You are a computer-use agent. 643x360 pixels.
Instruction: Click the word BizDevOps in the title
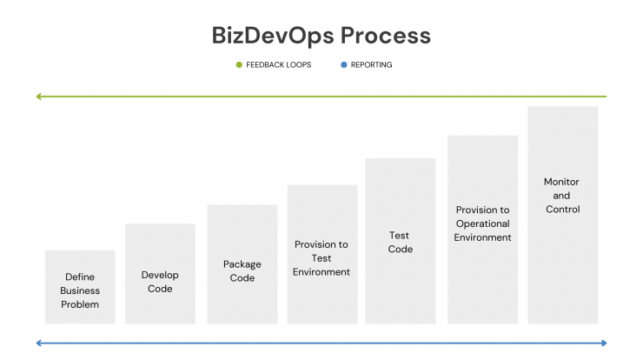point(273,37)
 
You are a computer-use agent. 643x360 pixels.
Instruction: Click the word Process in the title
point(386,36)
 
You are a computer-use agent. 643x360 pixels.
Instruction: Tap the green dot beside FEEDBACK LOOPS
point(239,65)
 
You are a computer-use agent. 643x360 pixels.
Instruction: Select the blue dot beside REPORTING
point(343,65)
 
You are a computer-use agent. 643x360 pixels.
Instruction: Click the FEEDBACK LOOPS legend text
point(278,65)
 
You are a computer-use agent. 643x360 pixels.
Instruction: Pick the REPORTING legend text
point(371,65)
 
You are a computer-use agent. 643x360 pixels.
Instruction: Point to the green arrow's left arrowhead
point(38,97)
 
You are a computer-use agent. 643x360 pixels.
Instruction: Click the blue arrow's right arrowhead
point(604,343)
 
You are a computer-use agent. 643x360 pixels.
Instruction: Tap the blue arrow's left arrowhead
point(38,343)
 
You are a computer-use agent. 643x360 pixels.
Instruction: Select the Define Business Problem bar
point(80,287)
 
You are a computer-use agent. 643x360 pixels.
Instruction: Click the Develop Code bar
point(160,274)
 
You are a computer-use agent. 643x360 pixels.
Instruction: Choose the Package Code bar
point(242,264)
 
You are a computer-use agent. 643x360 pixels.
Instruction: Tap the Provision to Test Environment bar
point(322,254)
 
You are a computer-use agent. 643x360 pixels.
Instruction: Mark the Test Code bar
point(401,241)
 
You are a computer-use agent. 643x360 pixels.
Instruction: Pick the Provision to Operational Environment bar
point(482,230)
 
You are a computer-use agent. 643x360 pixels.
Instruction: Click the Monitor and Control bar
point(563,215)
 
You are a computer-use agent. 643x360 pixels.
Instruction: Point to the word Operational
point(482,224)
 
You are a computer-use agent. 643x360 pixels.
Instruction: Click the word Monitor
point(561,182)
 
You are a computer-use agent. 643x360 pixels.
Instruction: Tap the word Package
point(242,264)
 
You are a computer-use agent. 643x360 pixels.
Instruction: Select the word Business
point(80,290)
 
